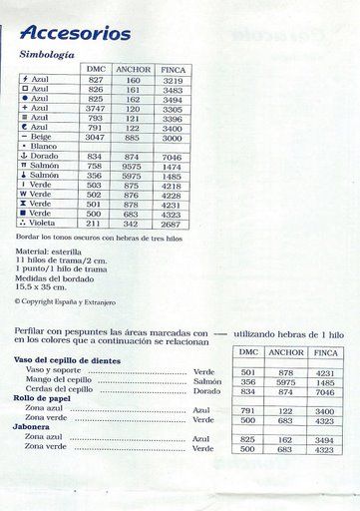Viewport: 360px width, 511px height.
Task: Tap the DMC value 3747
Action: (x=95, y=109)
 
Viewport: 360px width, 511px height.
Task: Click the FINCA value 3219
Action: (x=172, y=79)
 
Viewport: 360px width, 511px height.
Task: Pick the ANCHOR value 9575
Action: (x=133, y=166)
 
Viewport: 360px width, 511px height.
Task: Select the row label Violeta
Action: (x=42, y=223)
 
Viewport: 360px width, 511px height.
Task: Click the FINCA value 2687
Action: (x=172, y=223)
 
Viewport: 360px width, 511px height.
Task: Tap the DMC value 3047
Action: (x=95, y=137)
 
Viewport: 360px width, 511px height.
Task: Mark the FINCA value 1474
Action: (x=172, y=166)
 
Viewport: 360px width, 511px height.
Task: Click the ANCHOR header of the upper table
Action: (x=133, y=69)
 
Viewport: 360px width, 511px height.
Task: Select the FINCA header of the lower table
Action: (x=325, y=352)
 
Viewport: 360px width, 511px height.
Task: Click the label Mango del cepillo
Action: (x=59, y=380)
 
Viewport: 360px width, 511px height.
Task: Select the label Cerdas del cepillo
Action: (x=60, y=390)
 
